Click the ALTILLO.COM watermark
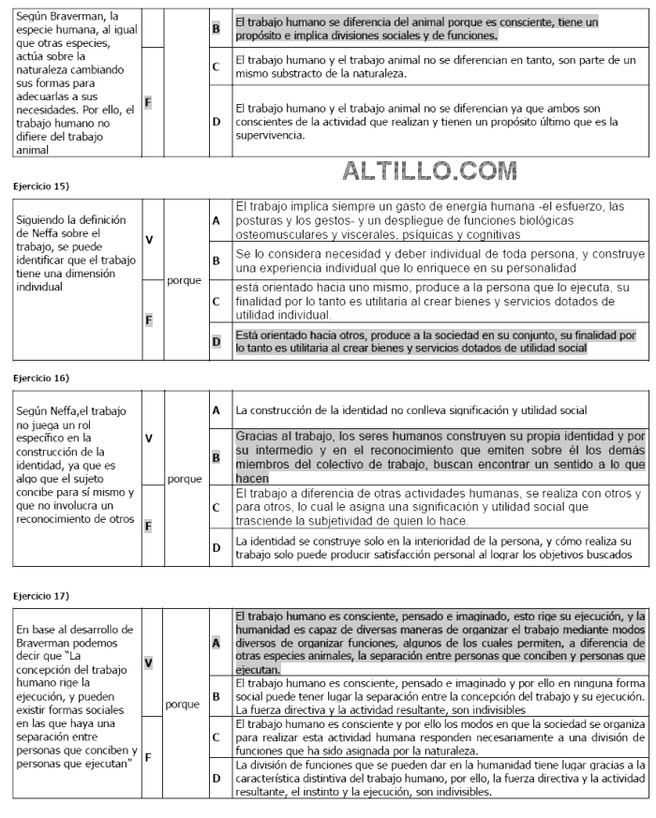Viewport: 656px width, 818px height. pyautogui.click(x=430, y=171)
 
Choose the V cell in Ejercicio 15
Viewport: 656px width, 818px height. pyautogui.click(x=148, y=239)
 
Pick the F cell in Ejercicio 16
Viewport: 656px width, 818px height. pyautogui.click(x=148, y=525)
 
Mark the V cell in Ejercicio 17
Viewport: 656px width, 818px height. pyautogui.click(x=148, y=662)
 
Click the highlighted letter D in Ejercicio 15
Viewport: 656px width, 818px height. pyautogui.click(x=216, y=342)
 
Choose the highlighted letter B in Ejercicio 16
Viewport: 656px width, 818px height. pyautogui.click(x=216, y=458)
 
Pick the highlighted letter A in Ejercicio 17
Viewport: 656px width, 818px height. pyautogui.click(x=216, y=643)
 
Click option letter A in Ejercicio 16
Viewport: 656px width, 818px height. pyautogui.click(x=216, y=409)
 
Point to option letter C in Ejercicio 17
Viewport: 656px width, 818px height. pyautogui.click(x=216, y=736)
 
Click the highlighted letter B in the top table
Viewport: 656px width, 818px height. pyautogui.click(x=216, y=28)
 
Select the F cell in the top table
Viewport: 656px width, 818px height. pyautogui.click(x=148, y=101)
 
